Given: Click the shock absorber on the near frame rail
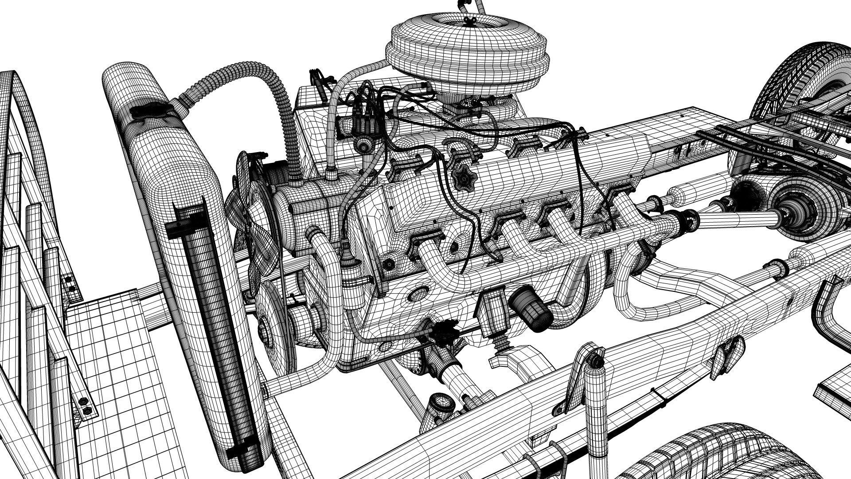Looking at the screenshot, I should click(594, 399).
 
